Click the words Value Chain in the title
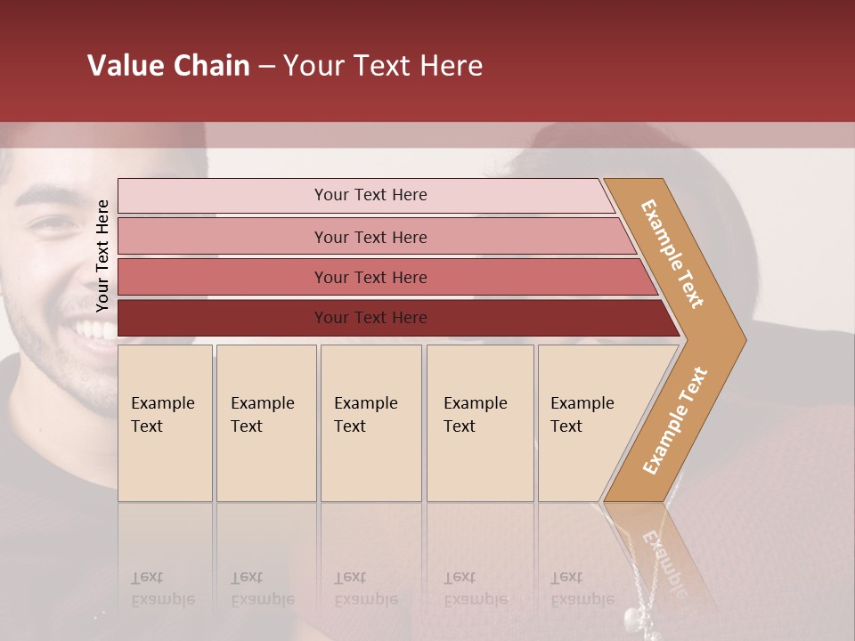coord(168,66)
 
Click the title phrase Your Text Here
coord(383,66)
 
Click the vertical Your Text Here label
coord(102,256)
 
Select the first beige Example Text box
coord(165,422)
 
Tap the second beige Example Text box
coord(265,422)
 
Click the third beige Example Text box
coord(370,422)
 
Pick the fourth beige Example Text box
coord(479,422)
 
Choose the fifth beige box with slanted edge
coord(588,422)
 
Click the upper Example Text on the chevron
coord(672,254)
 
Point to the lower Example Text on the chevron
coord(675,420)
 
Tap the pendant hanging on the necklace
coord(631,616)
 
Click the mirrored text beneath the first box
coord(162,588)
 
